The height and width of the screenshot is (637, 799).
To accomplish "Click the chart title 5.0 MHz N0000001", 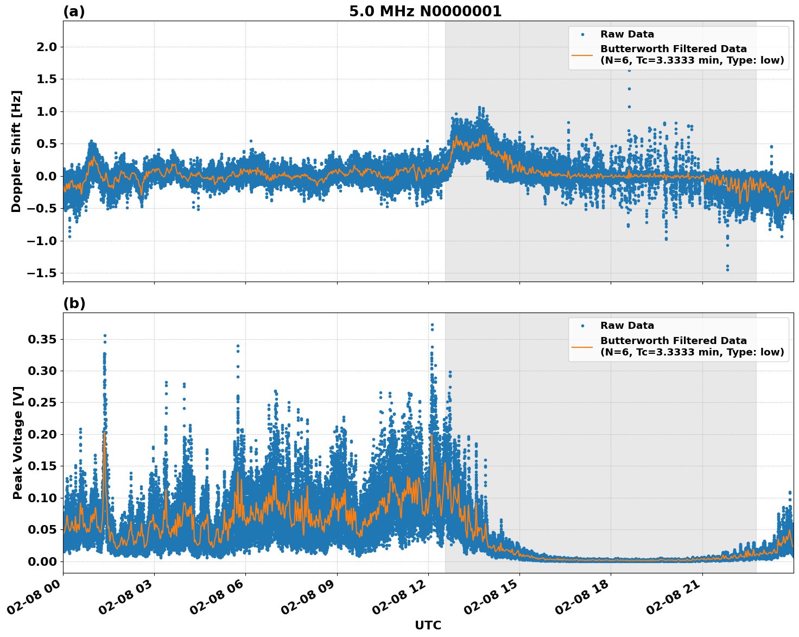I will [425, 11].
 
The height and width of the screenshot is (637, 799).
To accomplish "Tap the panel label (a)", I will [74, 11].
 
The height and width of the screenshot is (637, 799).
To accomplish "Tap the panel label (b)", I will [74, 303].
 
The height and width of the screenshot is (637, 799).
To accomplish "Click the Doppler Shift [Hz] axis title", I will [16, 151].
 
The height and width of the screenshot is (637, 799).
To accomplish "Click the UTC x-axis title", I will [428, 625].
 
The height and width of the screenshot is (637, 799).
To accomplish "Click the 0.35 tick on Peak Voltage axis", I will [42, 340].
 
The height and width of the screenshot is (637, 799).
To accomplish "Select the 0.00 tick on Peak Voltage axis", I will [42, 561].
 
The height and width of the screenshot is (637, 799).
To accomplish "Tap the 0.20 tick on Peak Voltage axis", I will [42, 434].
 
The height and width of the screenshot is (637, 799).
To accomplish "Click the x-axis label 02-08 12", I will [405, 601].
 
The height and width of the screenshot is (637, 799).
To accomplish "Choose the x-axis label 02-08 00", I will [40, 601].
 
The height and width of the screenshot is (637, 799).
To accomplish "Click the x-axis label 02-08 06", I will [223, 601].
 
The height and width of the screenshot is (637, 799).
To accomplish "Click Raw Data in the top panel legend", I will [627, 34].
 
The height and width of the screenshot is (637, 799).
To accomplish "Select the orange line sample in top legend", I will [582, 54].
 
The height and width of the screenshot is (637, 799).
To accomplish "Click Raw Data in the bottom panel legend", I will [627, 326].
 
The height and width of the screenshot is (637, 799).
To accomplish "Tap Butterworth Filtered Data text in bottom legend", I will [673, 341].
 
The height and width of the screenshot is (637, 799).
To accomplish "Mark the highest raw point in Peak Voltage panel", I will [432, 324].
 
